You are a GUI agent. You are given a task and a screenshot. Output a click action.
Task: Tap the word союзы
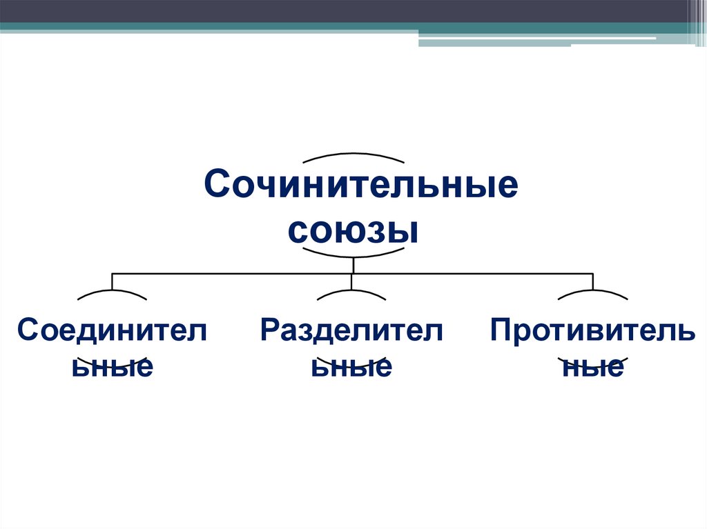(x=353, y=230)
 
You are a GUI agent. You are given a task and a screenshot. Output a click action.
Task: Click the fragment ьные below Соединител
(x=112, y=366)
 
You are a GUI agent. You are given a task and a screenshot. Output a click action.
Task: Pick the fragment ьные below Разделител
(x=352, y=366)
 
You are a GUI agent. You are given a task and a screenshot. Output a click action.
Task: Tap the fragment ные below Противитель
(x=592, y=368)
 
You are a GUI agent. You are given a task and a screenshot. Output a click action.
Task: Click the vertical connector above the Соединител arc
(x=112, y=281)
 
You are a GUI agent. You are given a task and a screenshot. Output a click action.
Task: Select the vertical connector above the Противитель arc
(x=592, y=281)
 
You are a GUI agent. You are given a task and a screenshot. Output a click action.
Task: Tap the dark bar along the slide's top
(x=345, y=10)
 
